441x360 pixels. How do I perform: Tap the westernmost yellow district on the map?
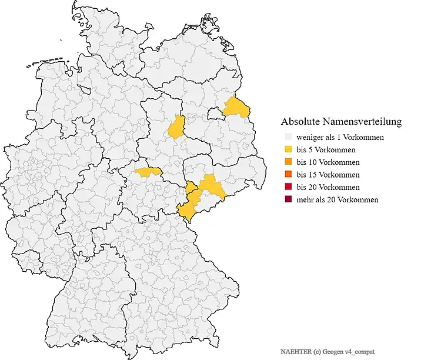tap(148, 172)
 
